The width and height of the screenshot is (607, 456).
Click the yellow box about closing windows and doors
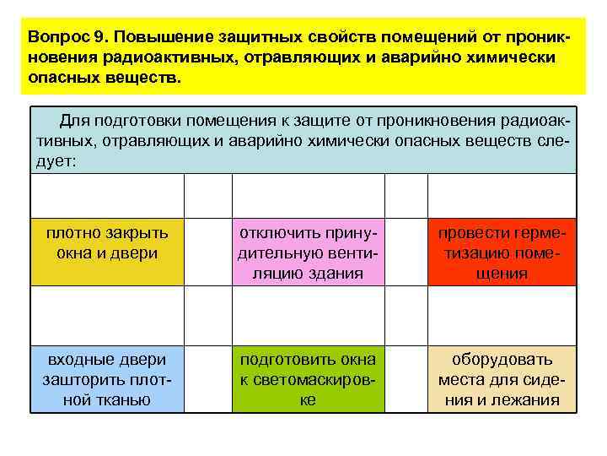[107, 252]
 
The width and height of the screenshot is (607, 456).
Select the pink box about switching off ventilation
[307, 252]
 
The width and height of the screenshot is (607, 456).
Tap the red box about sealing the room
[502, 252]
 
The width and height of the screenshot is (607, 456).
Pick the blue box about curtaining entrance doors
[107, 378]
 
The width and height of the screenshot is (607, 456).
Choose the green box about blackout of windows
[307, 378]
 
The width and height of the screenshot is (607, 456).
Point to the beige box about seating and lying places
[502, 378]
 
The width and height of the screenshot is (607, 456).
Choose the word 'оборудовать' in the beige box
[502, 359]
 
